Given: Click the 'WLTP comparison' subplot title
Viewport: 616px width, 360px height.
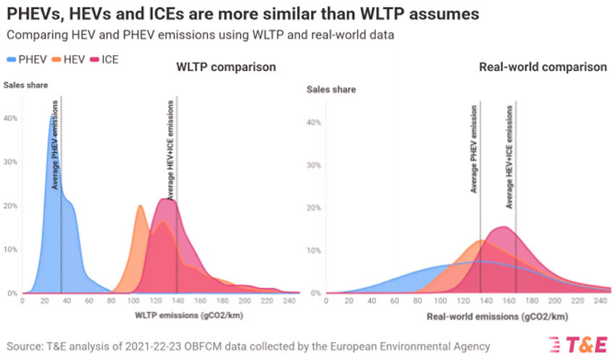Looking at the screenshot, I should tap(226, 67).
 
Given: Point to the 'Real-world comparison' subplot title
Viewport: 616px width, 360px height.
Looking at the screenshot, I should tap(543, 67).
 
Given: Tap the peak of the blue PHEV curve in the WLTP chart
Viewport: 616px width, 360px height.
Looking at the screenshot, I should tap(53, 115).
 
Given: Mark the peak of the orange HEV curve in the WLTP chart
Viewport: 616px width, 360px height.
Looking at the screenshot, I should tap(141, 206).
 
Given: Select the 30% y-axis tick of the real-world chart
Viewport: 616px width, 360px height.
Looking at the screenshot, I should tap(313, 165).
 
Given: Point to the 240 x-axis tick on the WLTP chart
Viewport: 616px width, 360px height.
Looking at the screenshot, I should tap(288, 301).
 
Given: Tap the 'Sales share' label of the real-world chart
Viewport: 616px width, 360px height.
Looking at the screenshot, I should tap(331, 90).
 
